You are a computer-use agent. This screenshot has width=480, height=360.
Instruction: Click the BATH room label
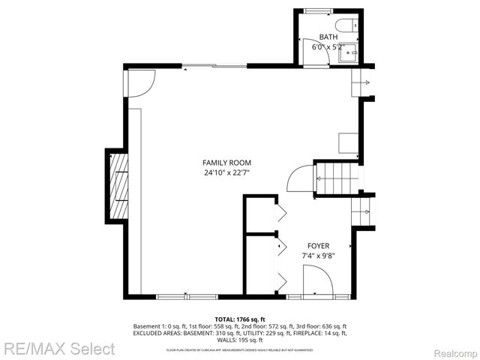click(328, 37)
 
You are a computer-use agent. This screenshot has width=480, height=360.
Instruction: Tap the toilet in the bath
click(347, 26)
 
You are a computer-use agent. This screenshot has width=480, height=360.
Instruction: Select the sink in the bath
click(348, 52)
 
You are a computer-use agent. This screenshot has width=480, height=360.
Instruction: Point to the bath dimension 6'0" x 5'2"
click(328, 46)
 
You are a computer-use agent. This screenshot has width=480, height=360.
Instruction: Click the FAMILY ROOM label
click(226, 163)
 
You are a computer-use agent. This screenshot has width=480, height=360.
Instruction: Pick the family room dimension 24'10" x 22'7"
click(226, 172)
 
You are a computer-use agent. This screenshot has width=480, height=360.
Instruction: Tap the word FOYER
click(318, 245)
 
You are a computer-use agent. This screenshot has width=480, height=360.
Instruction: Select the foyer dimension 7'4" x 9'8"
click(318, 256)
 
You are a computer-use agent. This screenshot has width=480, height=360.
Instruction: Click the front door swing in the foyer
click(318, 280)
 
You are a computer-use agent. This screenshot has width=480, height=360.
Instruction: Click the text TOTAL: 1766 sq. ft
click(240, 319)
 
